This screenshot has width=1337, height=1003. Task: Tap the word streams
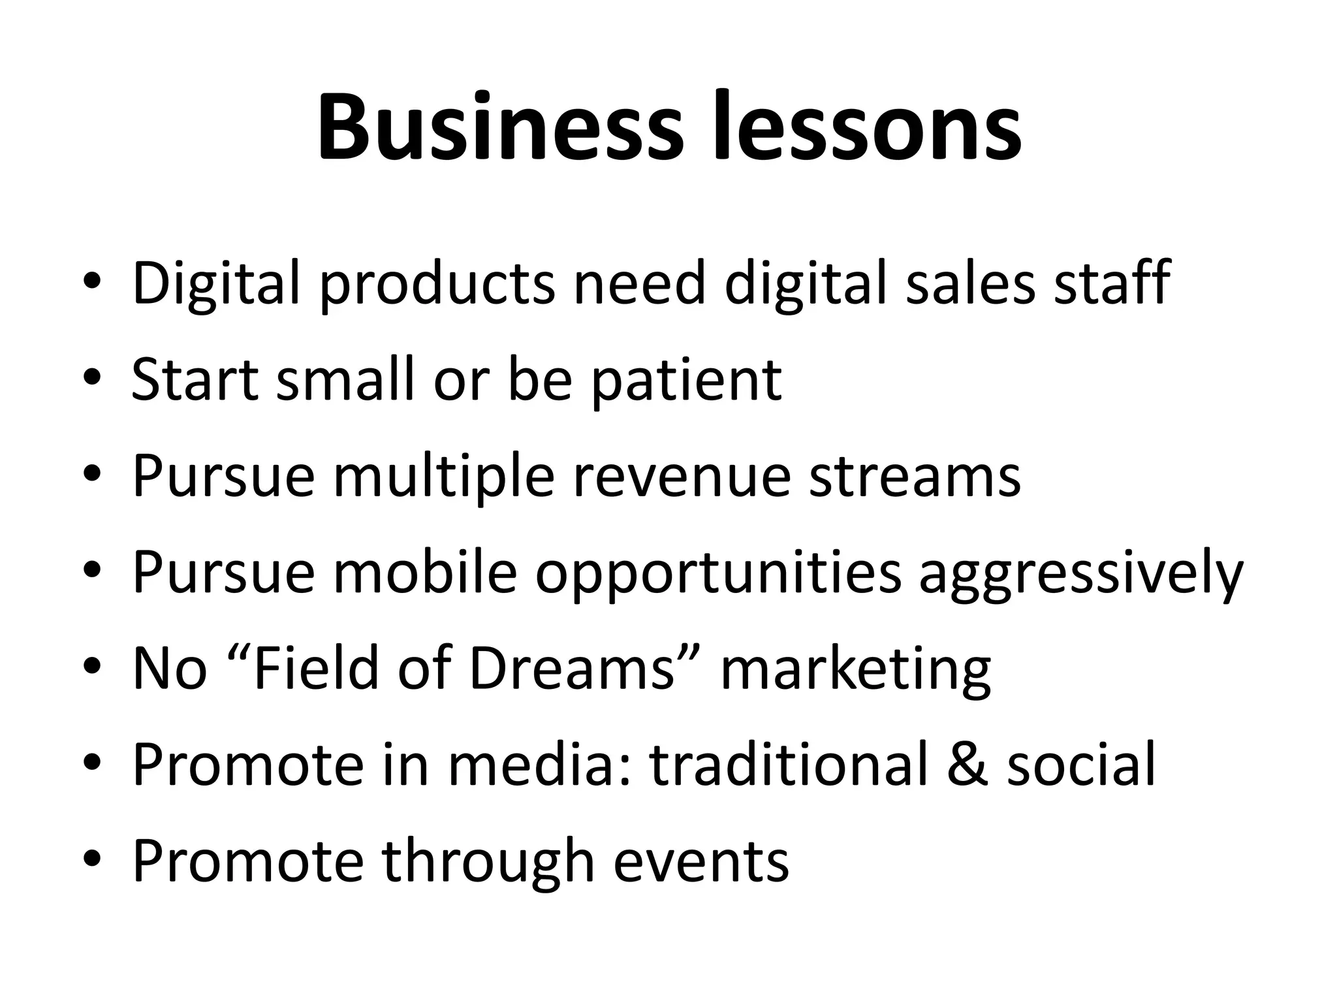pos(915,476)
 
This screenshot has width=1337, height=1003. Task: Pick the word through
pos(488,862)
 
